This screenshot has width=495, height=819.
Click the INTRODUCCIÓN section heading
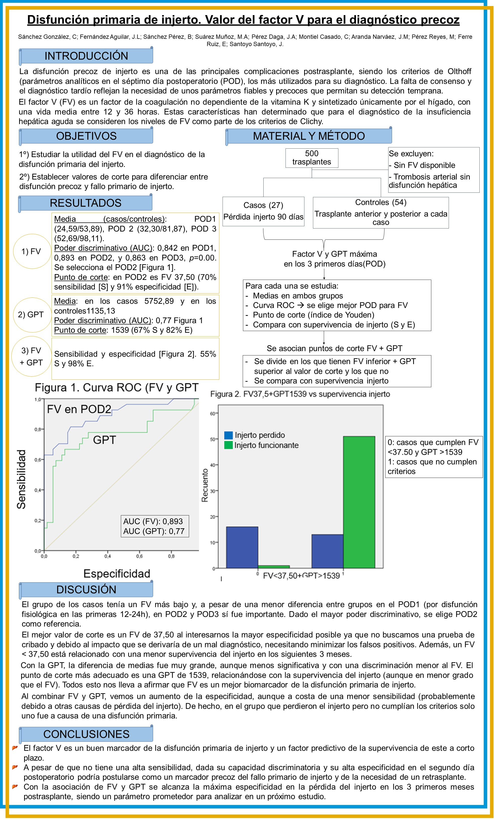point(86,56)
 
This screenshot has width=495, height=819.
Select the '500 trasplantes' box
point(312,158)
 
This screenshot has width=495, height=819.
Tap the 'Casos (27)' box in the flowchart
point(263,211)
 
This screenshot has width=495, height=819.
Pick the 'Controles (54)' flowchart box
point(380,212)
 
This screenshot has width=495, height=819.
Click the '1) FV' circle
point(31,251)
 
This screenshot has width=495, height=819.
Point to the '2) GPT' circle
point(31,314)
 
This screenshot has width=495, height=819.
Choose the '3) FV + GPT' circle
point(31,356)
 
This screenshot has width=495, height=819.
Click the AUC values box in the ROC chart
point(155,526)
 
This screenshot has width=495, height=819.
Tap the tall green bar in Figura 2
point(359,502)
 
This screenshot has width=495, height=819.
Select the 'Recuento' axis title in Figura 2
point(205,485)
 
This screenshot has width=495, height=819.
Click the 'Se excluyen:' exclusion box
point(434,170)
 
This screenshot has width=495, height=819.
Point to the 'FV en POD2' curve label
point(79,409)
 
